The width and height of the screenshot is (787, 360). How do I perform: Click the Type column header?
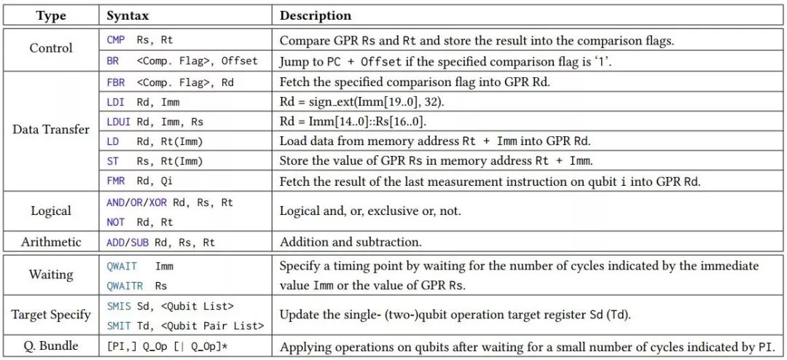(x=50, y=15)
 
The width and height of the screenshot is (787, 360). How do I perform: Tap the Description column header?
(x=316, y=15)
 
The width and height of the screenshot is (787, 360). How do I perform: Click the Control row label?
(x=50, y=49)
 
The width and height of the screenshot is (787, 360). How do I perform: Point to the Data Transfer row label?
(x=50, y=130)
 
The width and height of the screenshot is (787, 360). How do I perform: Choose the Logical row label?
(x=50, y=211)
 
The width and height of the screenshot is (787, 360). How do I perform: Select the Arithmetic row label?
(x=50, y=241)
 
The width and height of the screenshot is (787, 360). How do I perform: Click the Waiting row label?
(x=50, y=274)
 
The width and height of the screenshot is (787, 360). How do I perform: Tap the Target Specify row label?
(x=50, y=315)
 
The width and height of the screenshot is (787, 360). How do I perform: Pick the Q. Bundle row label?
(x=50, y=346)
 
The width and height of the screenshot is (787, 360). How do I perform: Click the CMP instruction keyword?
(x=116, y=41)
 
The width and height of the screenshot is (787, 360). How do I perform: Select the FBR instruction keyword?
(x=116, y=82)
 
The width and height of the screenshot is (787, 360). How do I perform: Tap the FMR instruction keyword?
(x=116, y=181)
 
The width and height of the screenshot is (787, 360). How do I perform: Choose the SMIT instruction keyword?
(x=118, y=326)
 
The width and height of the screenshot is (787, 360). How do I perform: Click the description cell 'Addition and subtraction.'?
(x=350, y=241)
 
